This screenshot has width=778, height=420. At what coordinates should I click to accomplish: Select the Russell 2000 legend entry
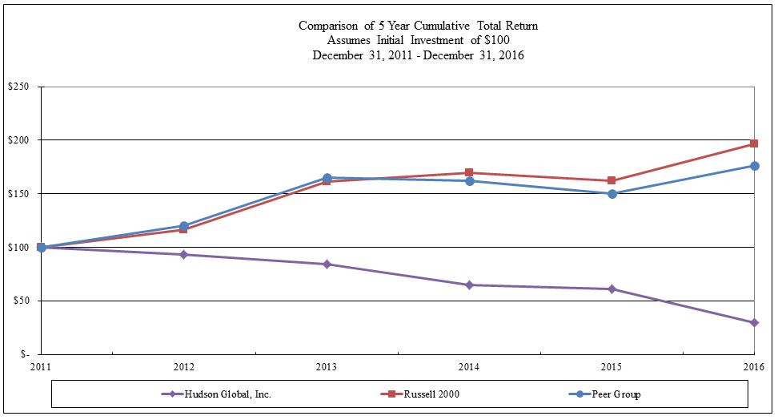[x=431, y=394]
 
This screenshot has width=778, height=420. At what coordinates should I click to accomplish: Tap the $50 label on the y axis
[x=20, y=301]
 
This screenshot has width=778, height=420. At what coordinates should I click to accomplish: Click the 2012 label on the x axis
[x=184, y=365]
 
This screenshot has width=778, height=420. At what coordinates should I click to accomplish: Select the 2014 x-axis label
[x=469, y=365]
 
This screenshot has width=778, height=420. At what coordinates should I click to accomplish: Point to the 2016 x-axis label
[x=753, y=365]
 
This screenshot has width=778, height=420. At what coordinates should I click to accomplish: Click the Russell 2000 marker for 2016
[x=754, y=144]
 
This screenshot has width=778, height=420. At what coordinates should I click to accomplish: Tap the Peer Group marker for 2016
[x=754, y=166]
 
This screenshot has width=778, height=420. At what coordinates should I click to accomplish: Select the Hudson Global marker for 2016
[x=754, y=323]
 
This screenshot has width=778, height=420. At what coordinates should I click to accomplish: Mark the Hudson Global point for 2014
[x=469, y=285]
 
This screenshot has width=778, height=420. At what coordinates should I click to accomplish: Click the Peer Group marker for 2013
[x=327, y=178]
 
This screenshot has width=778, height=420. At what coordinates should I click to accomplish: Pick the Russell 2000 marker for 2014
[x=469, y=172]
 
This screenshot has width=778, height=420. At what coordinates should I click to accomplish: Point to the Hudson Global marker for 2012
[x=184, y=254]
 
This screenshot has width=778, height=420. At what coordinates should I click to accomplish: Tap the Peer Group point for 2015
[x=612, y=193]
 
